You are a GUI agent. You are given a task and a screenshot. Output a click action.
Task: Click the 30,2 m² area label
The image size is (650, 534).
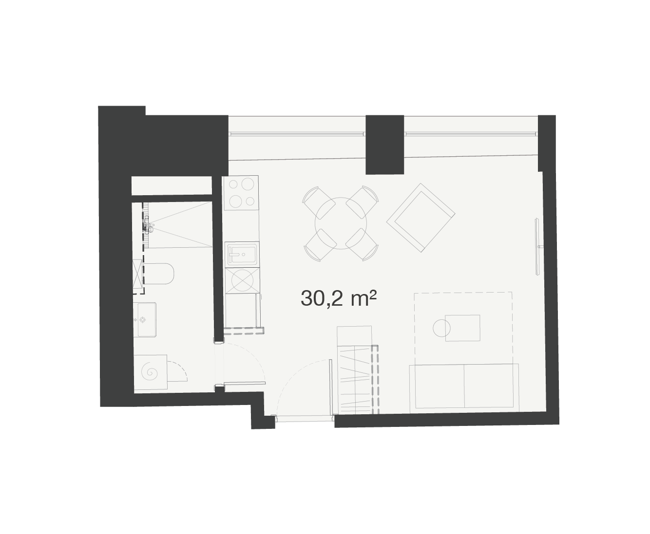tap(339, 298)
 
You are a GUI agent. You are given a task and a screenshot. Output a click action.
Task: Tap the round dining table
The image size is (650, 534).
tap(341, 223)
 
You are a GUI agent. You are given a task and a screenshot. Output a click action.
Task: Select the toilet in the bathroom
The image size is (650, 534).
tap(158, 274)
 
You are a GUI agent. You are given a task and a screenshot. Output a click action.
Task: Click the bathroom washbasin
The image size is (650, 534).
tap(146, 320)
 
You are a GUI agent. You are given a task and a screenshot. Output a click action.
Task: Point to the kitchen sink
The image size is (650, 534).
tap(242, 255)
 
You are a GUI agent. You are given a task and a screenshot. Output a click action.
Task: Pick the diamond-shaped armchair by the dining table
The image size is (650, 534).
tap(421, 218)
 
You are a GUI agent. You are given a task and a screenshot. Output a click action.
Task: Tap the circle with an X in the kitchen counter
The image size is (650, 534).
tap(242, 280)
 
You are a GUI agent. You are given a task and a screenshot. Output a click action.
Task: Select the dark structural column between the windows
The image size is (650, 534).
tap(384, 145)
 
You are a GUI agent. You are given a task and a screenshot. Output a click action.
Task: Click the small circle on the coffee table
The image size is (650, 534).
tap(441, 328)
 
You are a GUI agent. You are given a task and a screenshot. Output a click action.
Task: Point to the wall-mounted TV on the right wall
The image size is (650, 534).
tap(537, 247)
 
